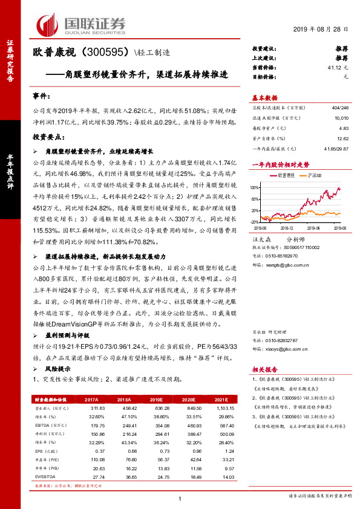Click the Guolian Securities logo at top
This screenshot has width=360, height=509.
click(x=81, y=24)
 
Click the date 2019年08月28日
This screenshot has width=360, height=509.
click(x=322, y=30)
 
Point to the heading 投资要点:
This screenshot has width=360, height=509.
click(x=47, y=137)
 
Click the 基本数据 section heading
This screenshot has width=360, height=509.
click(x=264, y=98)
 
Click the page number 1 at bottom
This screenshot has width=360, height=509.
click(x=180, y=498)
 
